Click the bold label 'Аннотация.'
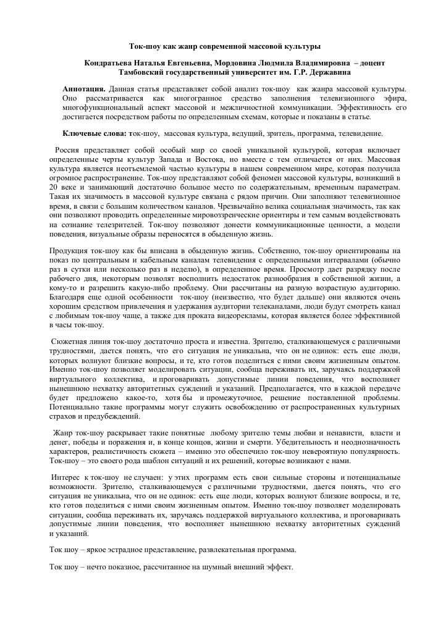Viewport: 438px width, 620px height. coord(84,90)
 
